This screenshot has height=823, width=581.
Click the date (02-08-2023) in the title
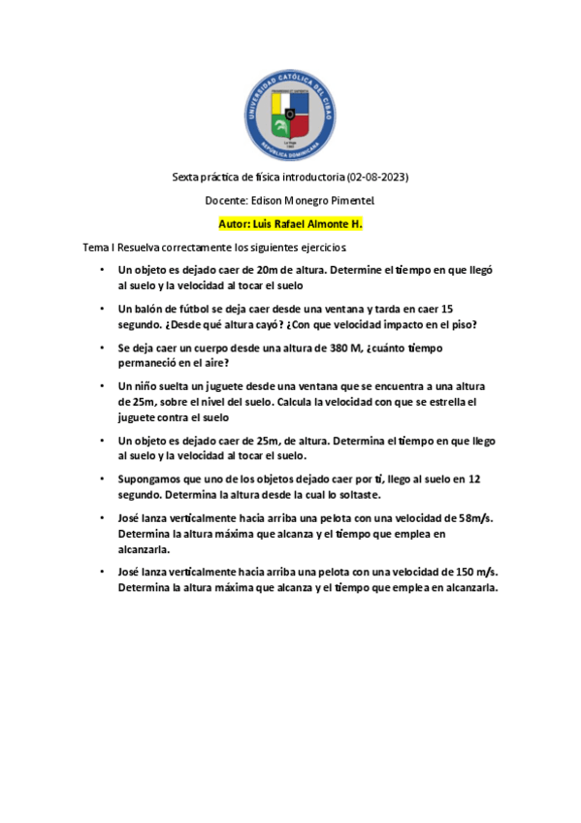tap(377, 178)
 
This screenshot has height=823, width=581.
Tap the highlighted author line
tap(291, 223)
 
